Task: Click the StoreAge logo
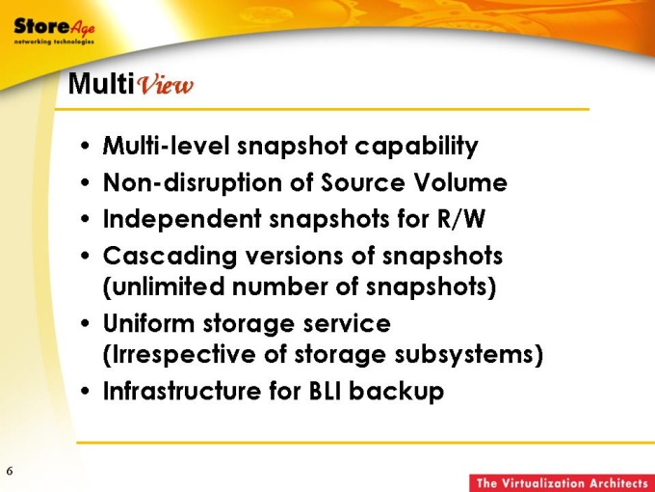54,31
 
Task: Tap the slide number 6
10,471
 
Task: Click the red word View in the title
166,85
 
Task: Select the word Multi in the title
101,83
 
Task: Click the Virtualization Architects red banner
562,483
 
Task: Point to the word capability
416,147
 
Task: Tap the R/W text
461,219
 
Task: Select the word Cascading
170,257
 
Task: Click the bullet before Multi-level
85,147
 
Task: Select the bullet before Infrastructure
85,392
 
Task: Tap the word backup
397,392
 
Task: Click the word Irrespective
183,355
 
